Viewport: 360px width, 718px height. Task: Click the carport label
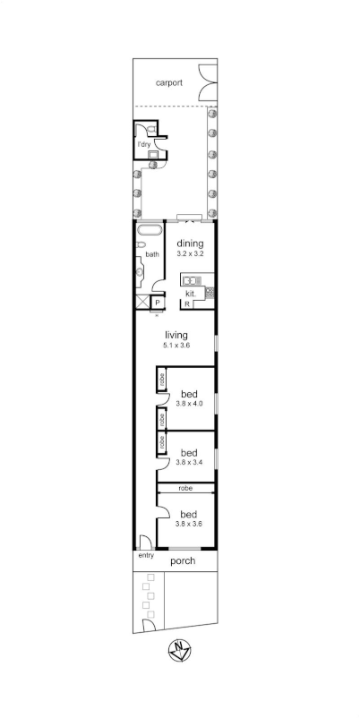168,82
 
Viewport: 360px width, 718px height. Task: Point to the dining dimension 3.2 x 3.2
191,254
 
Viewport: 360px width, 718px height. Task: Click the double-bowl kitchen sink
191,280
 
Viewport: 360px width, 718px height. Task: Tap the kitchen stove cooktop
210,292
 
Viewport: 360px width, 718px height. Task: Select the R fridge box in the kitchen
186,304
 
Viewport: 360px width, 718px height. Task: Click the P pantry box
156,303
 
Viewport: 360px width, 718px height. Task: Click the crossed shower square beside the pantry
141,303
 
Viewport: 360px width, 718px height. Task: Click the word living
176,335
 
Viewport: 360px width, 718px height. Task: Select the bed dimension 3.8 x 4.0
190,404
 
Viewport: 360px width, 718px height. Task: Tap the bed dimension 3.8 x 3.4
190,463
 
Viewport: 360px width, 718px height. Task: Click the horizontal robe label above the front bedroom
185,488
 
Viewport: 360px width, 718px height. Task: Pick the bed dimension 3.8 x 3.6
189,524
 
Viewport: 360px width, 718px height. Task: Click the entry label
146,555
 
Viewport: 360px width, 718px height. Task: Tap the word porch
183,561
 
